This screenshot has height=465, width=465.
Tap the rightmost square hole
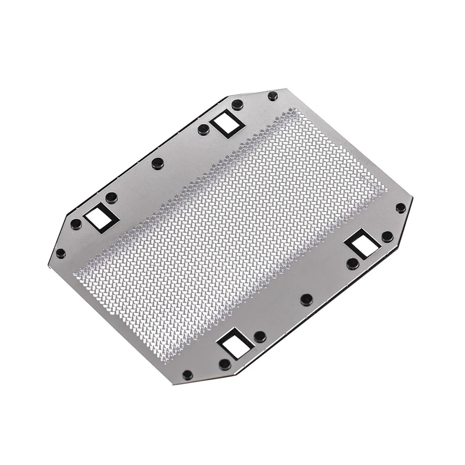tap(362, 244)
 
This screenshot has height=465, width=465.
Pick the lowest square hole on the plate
tap(235, 344)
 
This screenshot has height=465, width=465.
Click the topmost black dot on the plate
tap(273, 96)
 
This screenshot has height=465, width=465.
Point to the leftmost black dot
tap(60, 253)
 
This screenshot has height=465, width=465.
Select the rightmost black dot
tap(400, 208)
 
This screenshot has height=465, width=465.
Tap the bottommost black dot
tap(187, 375)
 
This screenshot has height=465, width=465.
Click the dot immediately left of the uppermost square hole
tap(203, 130)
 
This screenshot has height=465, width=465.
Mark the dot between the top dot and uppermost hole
tap(237, 105)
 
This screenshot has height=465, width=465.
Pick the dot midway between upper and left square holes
tap(158, 163)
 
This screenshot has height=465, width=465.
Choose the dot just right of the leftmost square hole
tap(111, 198)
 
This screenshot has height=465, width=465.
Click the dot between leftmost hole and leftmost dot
tap(76, 224)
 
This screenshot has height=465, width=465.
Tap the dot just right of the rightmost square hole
tap(387, 236)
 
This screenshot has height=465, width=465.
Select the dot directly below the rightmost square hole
tap(352, 263)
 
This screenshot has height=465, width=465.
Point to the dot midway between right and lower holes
tap(306, 299)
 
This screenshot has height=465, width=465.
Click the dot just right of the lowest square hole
tap(260, 337)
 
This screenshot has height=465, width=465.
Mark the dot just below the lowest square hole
tap(224, 364)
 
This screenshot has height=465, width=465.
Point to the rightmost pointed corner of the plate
tap(413, 198)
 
